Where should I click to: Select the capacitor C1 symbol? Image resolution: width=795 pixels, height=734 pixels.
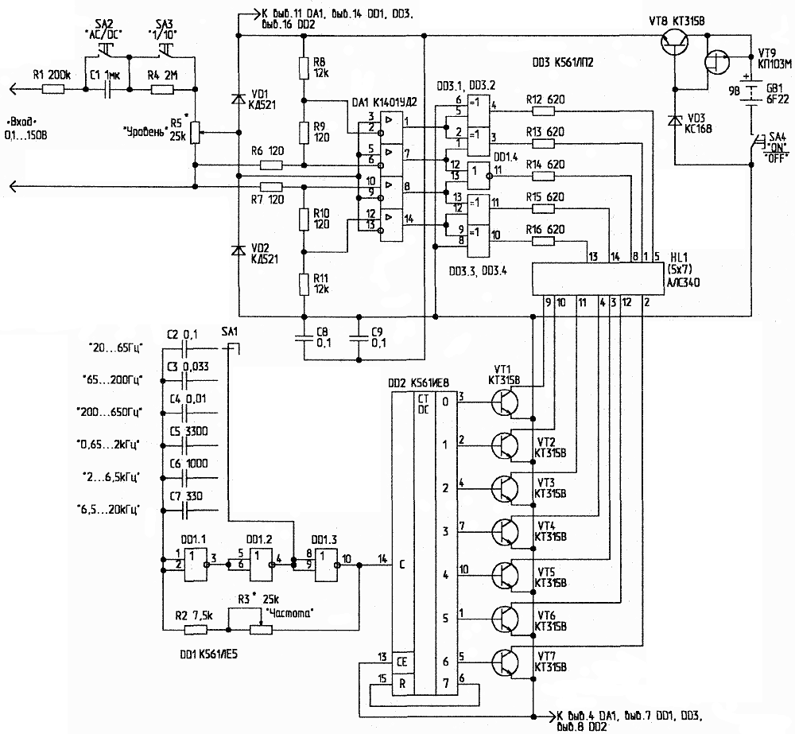pos(107,89)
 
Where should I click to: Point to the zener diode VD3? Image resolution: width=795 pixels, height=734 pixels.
pos(675,120)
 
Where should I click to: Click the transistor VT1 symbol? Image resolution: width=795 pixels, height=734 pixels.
pos(503,403)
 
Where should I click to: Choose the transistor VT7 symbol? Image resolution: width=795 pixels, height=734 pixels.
pos(503,662)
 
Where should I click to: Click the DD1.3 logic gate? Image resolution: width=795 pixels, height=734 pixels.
pos(326,560)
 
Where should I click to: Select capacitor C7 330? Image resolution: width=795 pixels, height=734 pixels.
pos(184,508)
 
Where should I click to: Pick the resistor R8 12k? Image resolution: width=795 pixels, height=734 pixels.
pos(303,68)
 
